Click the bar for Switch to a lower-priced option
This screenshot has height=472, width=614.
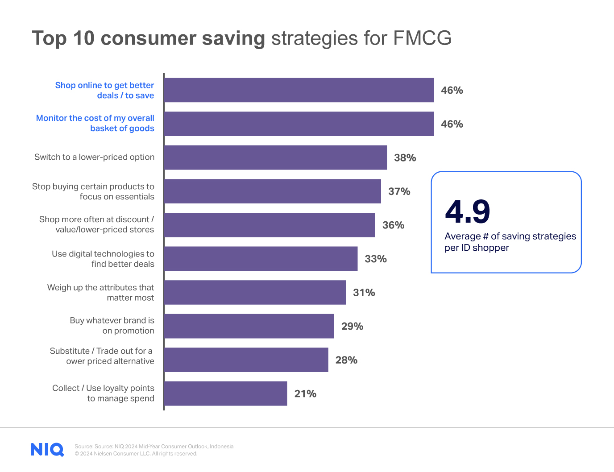tap(275, 157)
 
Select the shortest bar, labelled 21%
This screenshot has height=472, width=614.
tap(225, 393)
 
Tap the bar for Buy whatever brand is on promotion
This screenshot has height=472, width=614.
tap(249, 326)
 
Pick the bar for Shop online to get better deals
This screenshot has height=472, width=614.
tap(299, 90)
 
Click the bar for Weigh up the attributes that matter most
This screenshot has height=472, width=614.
tap(255, 293)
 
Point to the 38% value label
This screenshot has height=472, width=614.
tap(405, 158)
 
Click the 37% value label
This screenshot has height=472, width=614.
tap(399, 191)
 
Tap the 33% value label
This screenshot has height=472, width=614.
tap(375, 259)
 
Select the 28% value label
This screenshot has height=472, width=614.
tap(346, 360)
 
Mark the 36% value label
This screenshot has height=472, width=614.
tap(393, 225)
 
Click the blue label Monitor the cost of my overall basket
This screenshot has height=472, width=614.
tap(95, 123)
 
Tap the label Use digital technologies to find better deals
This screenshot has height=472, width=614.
tap(103, 259)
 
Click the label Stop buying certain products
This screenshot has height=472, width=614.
tap(93, 191)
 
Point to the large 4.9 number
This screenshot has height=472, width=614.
tap(467, 212)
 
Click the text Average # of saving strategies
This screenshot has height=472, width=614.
tap(510, 236)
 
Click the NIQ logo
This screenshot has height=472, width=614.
tap(47, 449)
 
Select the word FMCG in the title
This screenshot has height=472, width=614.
tap(422, 38)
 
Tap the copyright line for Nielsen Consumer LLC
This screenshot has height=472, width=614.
tap(136, 454)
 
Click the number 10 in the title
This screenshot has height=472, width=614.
tap(84, 38)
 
